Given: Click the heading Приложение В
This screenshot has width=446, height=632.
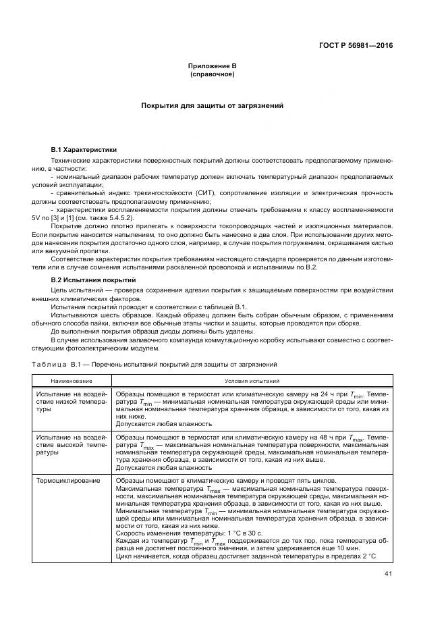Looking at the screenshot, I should [x=212, y=66].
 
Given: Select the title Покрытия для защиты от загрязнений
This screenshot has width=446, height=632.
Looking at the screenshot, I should [x=212, y=106].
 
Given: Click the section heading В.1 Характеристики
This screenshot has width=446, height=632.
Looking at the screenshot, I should [x=84, y=149].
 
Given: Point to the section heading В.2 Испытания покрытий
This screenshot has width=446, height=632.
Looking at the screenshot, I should [x=94, y=280].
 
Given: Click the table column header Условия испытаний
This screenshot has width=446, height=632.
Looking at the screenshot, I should [x=252, y=381].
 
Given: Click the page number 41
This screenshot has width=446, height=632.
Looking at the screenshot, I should [x=387, y=575].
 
